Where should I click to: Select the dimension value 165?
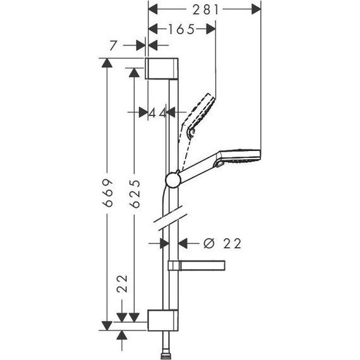tap(181, 28)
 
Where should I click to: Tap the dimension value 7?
tap(114, 46)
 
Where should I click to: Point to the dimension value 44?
tap(157, 112)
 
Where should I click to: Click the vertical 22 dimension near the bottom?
tap(123, 284)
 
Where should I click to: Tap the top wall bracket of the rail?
tap(164, 69)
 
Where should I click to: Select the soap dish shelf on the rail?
tap(198, 265)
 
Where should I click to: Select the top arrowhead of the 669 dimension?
tap(108, 63)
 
